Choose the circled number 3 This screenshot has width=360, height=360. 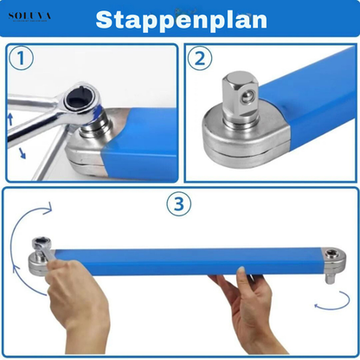coord(178,204)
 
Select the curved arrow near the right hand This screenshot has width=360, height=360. coord(324,324)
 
